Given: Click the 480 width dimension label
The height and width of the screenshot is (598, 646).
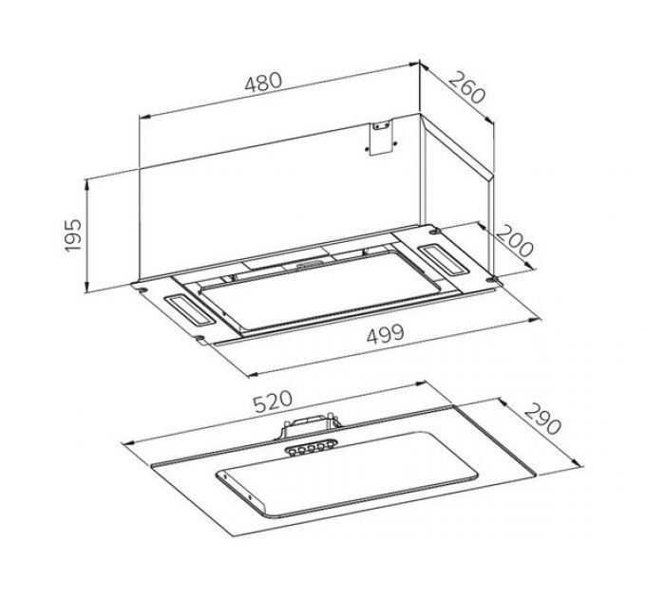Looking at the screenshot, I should pyautogui.click(x=263, y=82).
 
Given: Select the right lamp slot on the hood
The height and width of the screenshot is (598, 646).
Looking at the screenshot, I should pyautogui.click(x=442, y=255).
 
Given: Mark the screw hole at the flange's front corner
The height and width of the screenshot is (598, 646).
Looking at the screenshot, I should pyautogui.click(x=200, y=338).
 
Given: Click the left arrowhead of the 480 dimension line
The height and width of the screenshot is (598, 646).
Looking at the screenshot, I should pyautogui.click(x=142, y=118).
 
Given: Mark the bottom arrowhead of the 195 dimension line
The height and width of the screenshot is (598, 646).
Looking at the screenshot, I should pyautogui.click(x=87, y=290).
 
